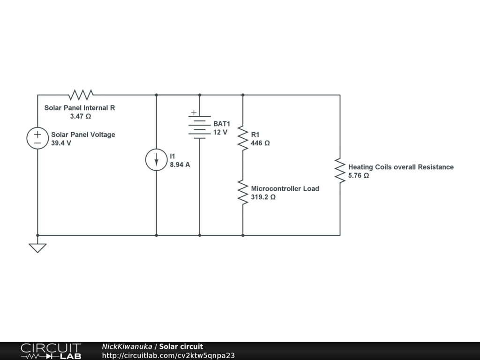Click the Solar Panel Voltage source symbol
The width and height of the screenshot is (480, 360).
(x=37, y=138)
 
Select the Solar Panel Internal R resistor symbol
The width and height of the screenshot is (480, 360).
(x=81, y=95)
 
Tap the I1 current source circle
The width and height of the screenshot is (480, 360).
(x=157, y=160)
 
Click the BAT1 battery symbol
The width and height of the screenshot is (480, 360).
(x=200, y=127)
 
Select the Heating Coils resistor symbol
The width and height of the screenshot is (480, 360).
(x=340, y=171)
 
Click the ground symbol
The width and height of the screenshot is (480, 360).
(x=37, y=247)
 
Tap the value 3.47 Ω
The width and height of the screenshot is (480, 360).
(x=80, y=116)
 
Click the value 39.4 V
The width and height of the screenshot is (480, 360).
(x=61, y=143)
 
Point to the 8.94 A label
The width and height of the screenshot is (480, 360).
(x=180, y=165)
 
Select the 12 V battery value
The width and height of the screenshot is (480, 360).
(x=220, y=132)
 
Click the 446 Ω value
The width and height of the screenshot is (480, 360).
(x=261, y=143)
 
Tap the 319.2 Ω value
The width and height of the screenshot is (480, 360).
(x=263, y=197)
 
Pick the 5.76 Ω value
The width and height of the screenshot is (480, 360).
(x=359, y=176)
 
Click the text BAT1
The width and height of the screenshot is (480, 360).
(x=222, y=124)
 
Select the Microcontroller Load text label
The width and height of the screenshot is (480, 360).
(x=285, y=188)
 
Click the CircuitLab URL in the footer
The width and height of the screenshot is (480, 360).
(x=168, y=355)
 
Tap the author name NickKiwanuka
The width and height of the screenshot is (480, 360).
(x=127, y=346)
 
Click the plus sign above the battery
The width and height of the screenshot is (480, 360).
(x=193, y=113)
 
